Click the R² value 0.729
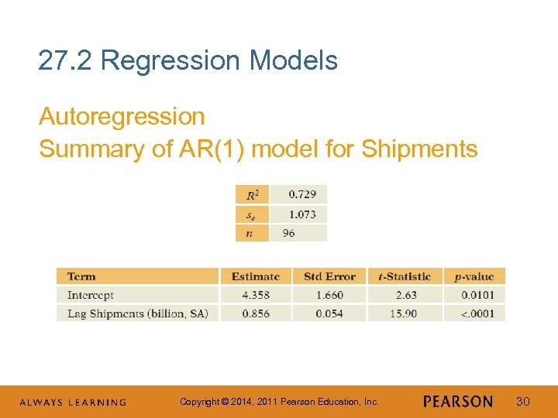coord(302,194)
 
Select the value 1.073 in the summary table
coord(302,214)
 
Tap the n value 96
coord(288,233)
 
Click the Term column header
coord(81,276)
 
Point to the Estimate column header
coord(256,276)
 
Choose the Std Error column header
coord(329,276)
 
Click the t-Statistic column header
coord(405,276)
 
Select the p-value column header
coord(474,276)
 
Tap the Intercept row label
coord(90,295)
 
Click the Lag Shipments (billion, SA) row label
coord(137,313)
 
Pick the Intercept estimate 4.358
coord(256,295)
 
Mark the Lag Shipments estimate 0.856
coord(256,313)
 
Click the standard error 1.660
coord(329,295)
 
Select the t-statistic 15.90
coord(405,313)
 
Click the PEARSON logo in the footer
coord(458,402)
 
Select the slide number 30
coord(524,401)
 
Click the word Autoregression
coord(122,117)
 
